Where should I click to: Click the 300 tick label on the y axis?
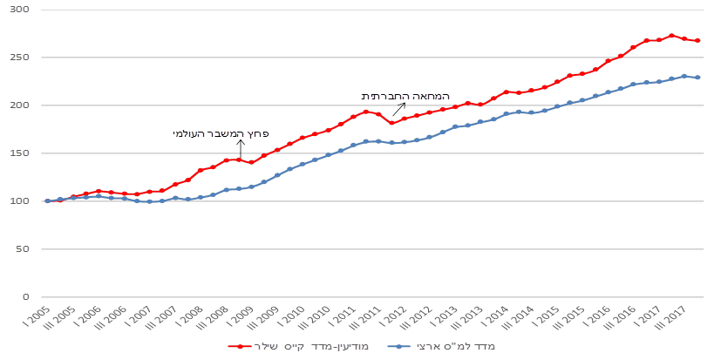tap(20, 10)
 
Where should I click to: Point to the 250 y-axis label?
tap(20, 58)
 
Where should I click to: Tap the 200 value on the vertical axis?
tap(20, 105)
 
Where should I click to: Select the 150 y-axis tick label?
tap(20, 153)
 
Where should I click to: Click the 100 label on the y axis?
tap(20, 201)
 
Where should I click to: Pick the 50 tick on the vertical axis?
tap(23, 249)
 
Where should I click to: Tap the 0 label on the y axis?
tap(25, 297)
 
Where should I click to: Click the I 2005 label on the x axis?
tap(37, 315)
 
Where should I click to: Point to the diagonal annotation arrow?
tap(398, 109)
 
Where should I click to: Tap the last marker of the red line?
tap(697, 40)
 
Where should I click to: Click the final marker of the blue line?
tap(697, 78)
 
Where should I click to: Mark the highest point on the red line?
tap(670, 36)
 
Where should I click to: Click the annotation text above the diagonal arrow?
tap(405, 97)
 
